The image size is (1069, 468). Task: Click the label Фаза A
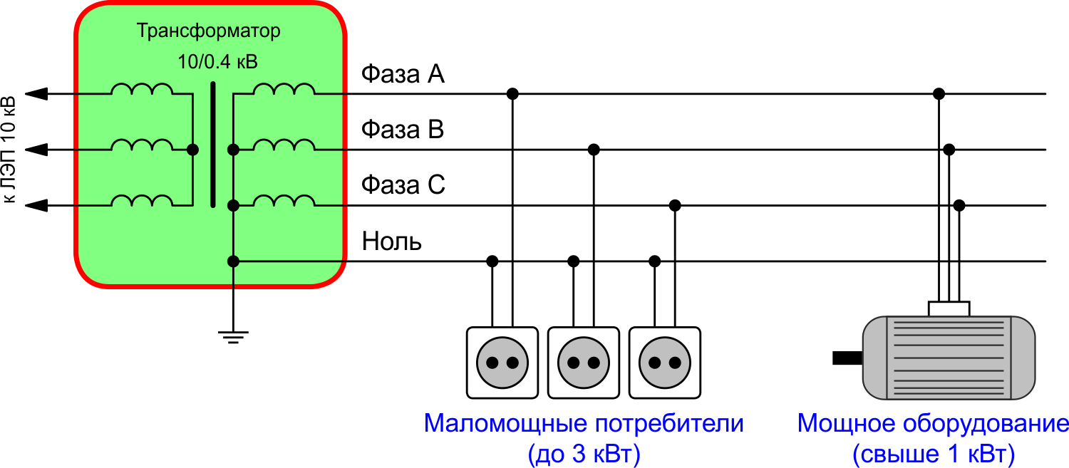[403, 74]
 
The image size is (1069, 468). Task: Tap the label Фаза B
[403, 130]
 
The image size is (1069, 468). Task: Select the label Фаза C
[403, 185]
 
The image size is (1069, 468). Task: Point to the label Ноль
[392, 241]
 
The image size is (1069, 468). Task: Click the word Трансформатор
[208, 32]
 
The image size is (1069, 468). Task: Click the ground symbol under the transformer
[233, 336]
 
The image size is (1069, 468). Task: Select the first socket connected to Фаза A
[502, 362]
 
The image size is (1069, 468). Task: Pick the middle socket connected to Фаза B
[583, 362]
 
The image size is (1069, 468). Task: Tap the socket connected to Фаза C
[665, 362]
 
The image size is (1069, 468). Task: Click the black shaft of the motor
[847, 358]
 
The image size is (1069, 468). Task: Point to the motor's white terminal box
[949, 308]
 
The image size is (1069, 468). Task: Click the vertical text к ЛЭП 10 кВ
[9, 150]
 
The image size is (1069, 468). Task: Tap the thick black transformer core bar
[212, 145]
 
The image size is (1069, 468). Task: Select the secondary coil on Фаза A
[284, 90]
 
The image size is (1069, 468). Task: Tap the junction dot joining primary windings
[192, 150]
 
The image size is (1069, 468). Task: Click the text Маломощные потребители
[583, 424]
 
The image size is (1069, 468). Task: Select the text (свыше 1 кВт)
[933, 454]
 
